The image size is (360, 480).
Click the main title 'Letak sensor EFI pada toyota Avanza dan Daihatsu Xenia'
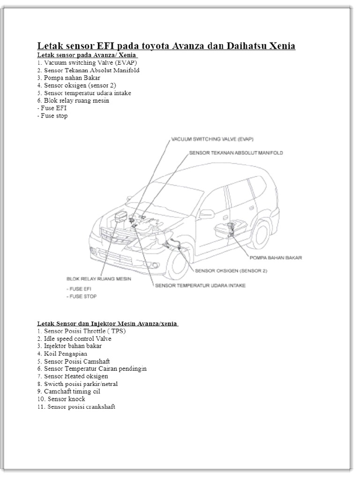[x=166, y=46]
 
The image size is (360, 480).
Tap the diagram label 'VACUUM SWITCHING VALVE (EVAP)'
[x=212, y=139]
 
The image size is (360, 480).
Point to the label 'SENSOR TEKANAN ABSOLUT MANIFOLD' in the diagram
[x=236, y=153]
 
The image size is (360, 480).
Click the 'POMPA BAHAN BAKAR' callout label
[x=275, y=257]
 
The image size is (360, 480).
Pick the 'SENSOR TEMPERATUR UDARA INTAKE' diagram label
[x=200, y=285]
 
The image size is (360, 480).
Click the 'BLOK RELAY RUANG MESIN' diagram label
[x=98, y=278]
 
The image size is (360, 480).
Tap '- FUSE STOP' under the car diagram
[x=82, y=297]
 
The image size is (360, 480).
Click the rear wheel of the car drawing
[x=256, y=233]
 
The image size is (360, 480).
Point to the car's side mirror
[x=206, y=214]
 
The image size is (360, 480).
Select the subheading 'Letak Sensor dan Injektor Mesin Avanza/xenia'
[x=108, y=323]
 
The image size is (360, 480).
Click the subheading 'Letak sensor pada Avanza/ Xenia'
[x=87, y=55]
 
